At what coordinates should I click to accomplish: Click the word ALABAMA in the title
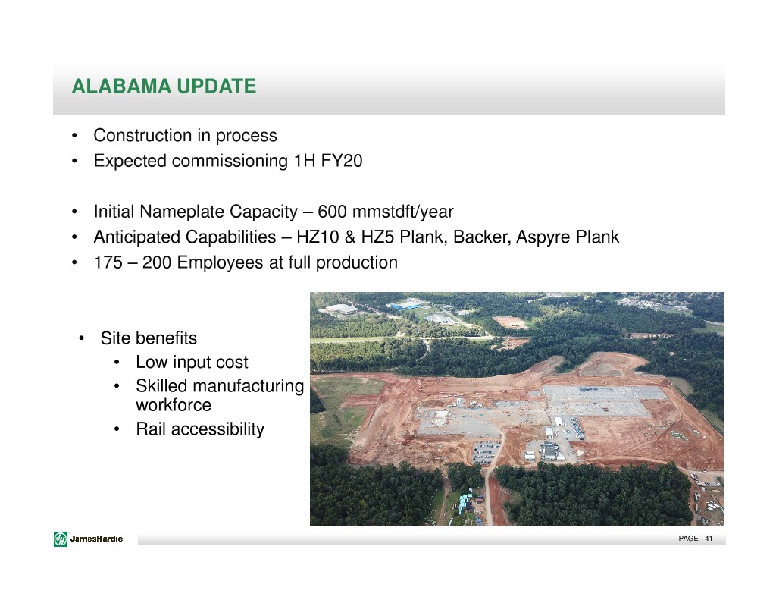(x=122, y=86)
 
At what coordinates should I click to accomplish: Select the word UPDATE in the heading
(x=216, y=86)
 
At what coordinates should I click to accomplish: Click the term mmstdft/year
(x=403, y=212)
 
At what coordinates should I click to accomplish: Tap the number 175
(x=108, y=262)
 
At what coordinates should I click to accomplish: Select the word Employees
(x=221, y=263)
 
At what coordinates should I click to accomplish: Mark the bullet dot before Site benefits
(x=82, y=338)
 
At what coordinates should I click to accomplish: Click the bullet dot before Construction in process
(x=75, y=136)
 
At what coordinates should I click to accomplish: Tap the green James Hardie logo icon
(x=61, y=539)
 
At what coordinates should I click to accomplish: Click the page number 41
(x=709, y=539)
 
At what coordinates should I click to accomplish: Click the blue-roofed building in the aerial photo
(x=407, y=304)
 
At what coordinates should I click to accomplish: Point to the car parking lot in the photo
(x=486, y=451)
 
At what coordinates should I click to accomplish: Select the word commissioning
(x=230, y=162)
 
